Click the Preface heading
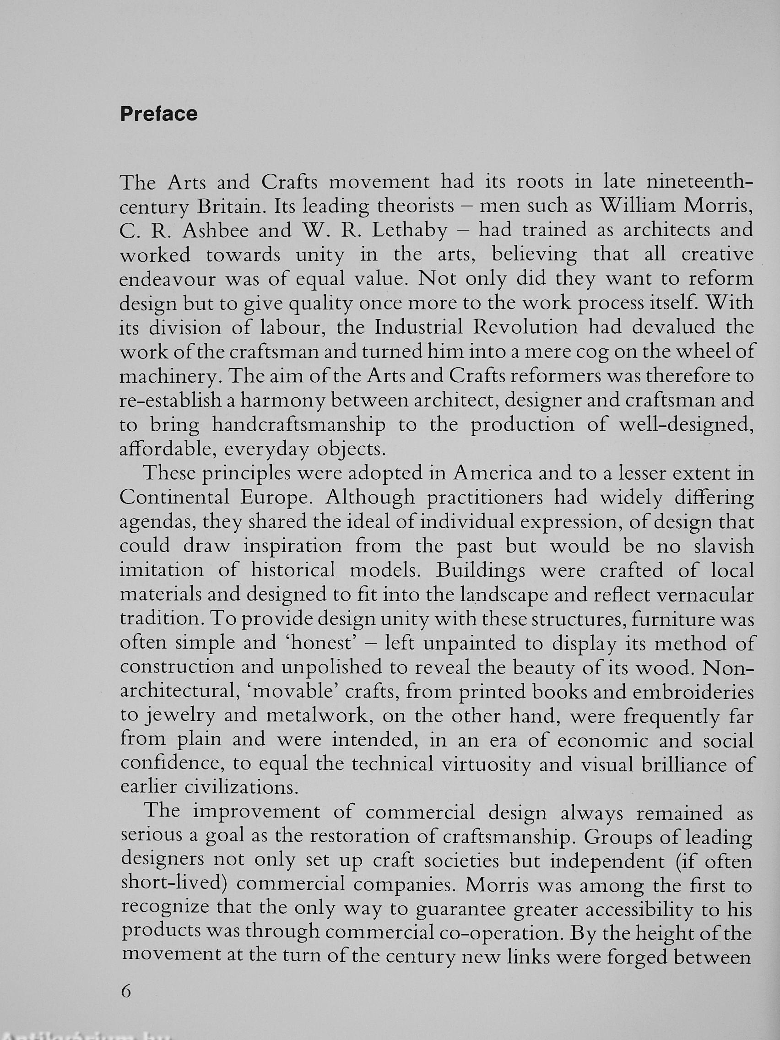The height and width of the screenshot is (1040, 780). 159,114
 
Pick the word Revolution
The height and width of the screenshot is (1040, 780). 525,327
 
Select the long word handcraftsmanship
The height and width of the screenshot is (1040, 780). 298,425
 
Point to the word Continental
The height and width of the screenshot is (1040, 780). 173,498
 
